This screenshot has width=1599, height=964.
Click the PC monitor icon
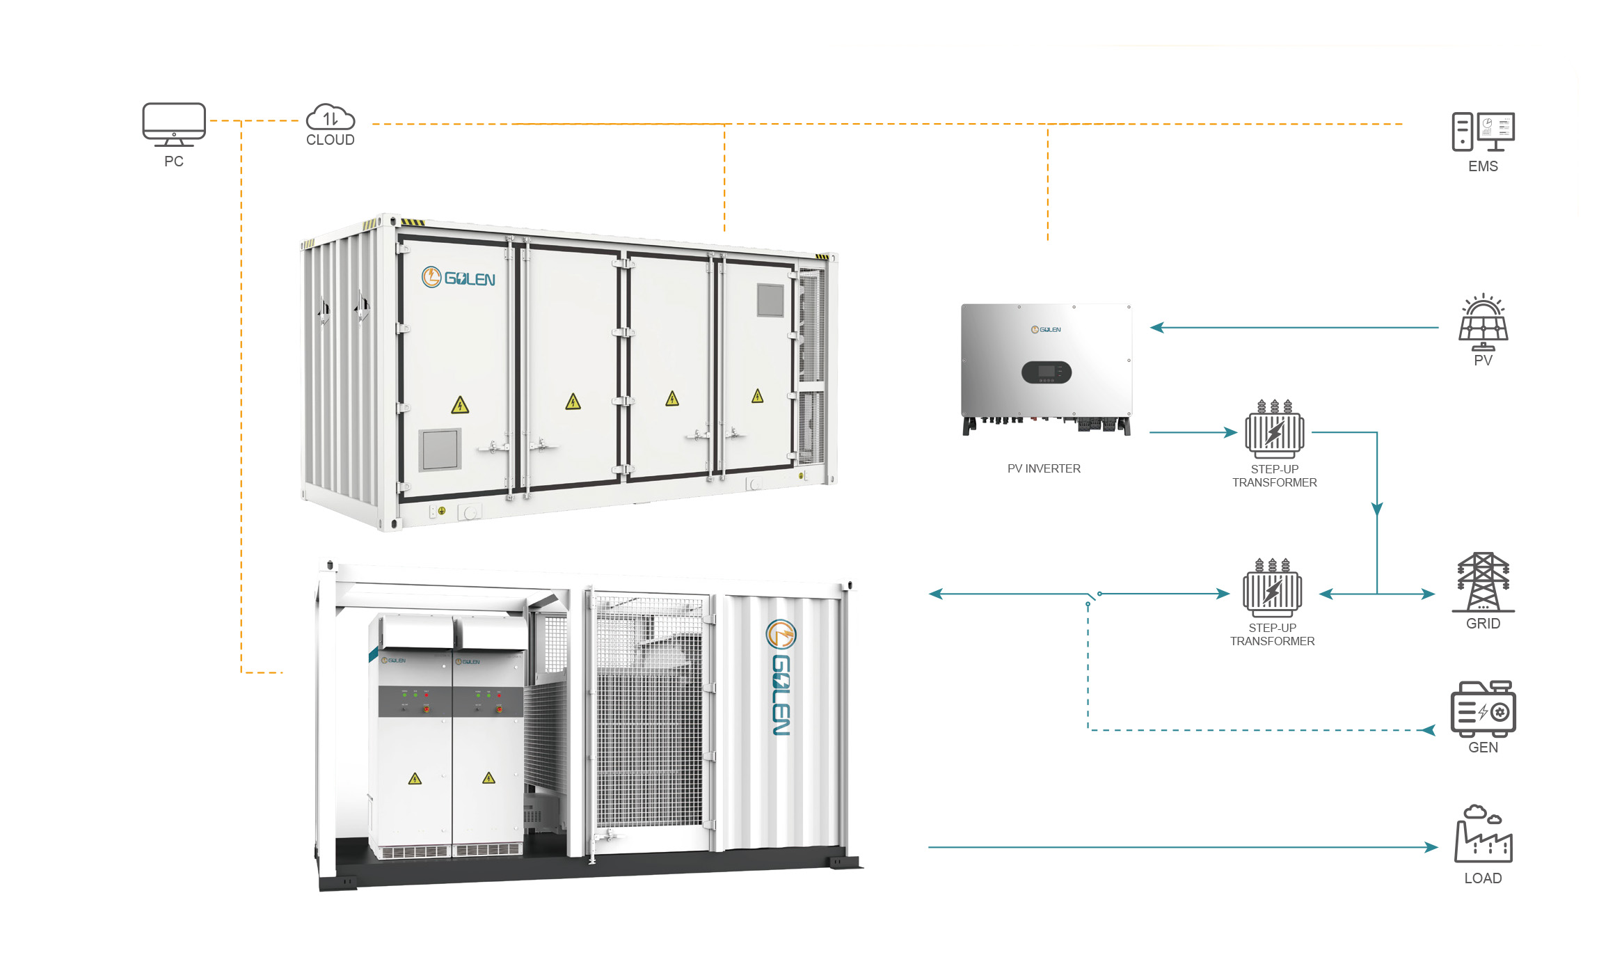[x=173, y=125]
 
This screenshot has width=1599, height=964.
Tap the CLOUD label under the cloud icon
[x=331, y=140]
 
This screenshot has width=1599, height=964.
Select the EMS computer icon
[x=1483, y=132]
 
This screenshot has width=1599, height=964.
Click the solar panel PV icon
[x=1483, y=322]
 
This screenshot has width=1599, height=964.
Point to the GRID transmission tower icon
[x=1483, y=583]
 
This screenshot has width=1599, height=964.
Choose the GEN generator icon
[x=1483, y=709]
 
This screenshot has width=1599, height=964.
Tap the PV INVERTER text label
[x=1044, y=469]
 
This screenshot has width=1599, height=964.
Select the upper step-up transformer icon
[x=1275, y=429]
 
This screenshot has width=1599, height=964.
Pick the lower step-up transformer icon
[x=1272, y=587]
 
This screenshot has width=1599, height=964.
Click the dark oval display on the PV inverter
[x=1046, y=372]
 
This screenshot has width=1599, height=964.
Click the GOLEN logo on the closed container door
[x=459, y=278]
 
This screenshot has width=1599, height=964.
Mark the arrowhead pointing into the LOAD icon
[x=1431, y=847]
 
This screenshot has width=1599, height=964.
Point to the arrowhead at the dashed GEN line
[x=1428, y=730]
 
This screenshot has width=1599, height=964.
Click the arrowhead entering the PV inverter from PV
[x=1157, y=327]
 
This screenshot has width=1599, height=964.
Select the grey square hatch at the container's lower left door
[x=440, y=450]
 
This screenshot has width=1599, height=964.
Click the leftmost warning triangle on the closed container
[x=460, y=405]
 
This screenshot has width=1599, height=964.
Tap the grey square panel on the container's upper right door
[x=770, y=300]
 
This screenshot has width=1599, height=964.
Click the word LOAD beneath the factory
[x=1483, y=878]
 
